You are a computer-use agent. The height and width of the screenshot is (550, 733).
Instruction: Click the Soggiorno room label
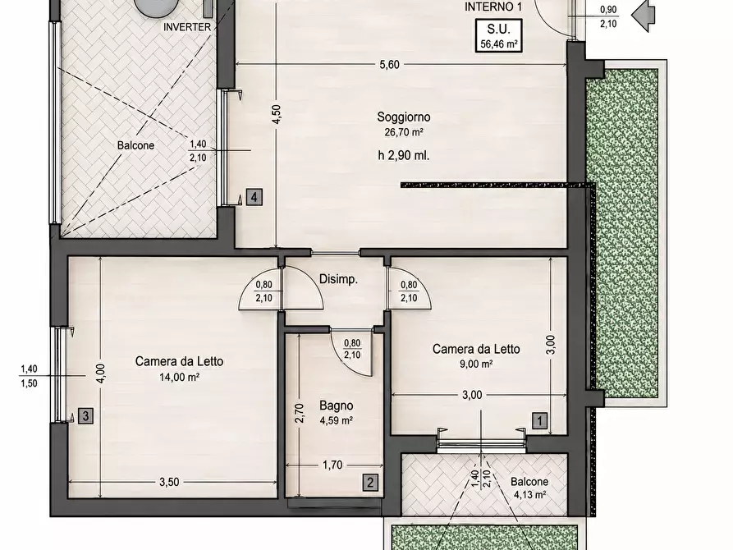403,117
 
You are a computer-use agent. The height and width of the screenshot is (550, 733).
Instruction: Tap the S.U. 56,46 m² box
498,35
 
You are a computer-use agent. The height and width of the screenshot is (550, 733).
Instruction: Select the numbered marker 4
254,197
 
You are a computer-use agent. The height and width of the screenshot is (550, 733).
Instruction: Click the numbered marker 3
85,415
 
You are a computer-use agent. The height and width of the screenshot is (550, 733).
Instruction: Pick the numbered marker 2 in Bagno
370,482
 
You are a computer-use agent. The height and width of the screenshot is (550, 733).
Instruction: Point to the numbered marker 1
539,420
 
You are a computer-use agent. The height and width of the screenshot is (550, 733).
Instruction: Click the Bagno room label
336,406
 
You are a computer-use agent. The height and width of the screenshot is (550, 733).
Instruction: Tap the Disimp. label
338,280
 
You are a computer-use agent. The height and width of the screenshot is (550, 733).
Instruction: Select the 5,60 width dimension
389,65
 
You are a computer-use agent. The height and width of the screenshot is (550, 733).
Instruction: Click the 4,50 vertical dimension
277,114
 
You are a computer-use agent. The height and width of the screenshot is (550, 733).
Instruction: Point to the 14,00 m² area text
180,377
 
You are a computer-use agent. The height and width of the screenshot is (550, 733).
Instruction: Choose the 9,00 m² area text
476,364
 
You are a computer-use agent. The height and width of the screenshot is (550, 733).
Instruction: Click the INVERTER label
187,27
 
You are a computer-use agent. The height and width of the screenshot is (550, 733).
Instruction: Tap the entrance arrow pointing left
644,15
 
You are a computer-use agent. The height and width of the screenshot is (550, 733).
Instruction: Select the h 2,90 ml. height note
403,155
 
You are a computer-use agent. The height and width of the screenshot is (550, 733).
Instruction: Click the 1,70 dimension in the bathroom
332,465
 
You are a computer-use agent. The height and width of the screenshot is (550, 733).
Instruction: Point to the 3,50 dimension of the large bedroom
169,482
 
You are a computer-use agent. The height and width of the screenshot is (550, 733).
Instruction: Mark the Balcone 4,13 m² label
529,488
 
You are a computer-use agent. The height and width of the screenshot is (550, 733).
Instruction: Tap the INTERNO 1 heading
493,7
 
